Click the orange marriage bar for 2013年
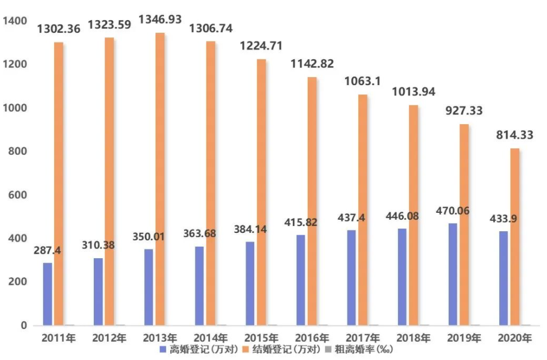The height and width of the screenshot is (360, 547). point(160,179)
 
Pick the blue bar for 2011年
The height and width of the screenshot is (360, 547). point(47,294)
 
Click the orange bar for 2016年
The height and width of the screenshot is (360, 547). point(312,201)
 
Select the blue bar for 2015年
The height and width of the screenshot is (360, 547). point(250,284)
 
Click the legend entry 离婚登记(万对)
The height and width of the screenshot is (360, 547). point(198,348)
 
